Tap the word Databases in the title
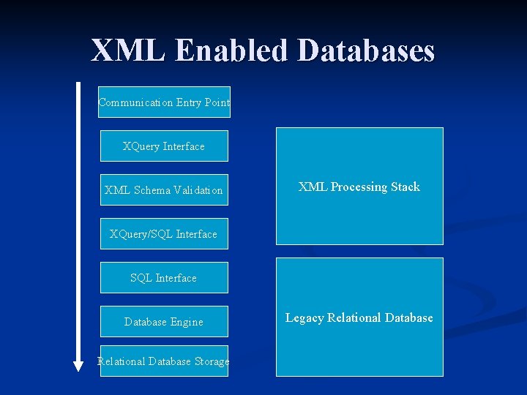[x=367, y=50]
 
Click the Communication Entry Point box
[x=165, y=102]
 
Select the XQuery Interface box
[x=164, y=146]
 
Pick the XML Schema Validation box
[x=164, y=190]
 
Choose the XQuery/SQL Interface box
[x=164, y=234]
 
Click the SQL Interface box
[x=164, y=278]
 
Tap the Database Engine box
[x=164, y=322]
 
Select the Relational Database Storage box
[x=164, y=361]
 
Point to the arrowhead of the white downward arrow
[x=78, y=365]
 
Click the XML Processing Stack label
[x=359, y=187]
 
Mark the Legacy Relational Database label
[x=359, y=318]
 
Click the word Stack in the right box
[x=405, y=187]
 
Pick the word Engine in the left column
[x=187, y=322]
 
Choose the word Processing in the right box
[x=359, y=187]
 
